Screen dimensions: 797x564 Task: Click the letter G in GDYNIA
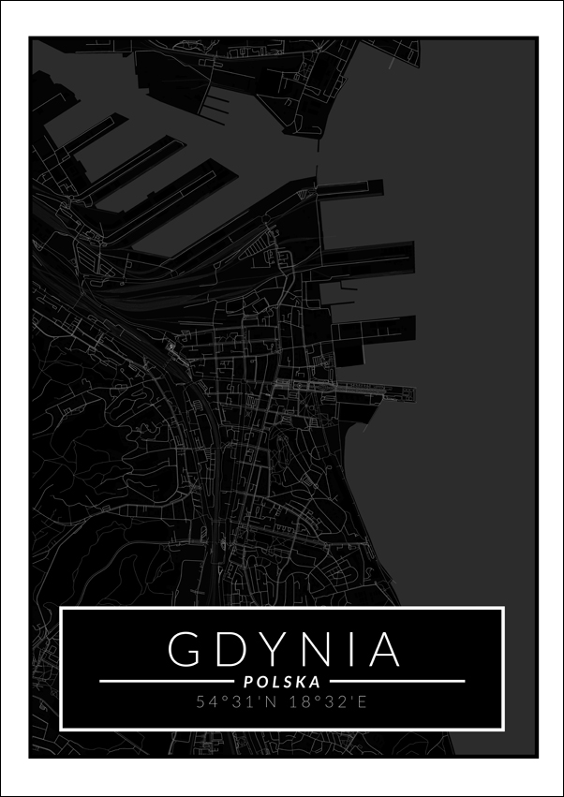click(186, 648)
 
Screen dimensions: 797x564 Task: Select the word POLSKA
click(282, 682)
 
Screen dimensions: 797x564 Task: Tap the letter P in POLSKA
click(247, 682)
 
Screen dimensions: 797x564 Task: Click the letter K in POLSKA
click(302, 682)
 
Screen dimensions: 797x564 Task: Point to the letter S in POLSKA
click(289, 682)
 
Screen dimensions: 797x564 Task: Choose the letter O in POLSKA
click(261, 682)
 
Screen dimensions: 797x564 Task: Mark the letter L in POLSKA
click(275, 682)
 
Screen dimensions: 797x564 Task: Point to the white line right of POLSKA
click(397, 682)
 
